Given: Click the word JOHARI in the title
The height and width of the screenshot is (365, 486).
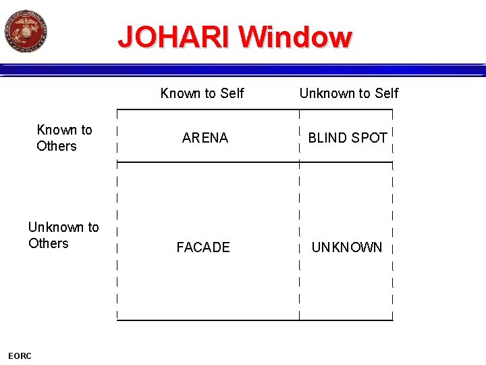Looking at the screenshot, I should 175,37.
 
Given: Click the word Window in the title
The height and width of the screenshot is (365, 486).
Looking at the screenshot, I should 295,37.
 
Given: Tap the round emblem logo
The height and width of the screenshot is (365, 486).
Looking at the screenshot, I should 26,31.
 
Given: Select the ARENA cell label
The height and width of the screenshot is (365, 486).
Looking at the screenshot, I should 205,138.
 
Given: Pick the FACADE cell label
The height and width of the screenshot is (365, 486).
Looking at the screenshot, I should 203,247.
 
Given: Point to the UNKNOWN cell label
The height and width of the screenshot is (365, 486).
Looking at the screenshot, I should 346,247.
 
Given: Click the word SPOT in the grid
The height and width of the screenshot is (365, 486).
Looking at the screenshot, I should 369,138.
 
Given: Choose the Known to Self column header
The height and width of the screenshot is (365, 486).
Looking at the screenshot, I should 202,93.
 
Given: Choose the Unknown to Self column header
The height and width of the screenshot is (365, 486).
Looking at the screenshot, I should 349,93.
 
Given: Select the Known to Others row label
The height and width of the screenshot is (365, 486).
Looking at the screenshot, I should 64,138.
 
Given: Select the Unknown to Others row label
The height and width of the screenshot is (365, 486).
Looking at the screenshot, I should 63,235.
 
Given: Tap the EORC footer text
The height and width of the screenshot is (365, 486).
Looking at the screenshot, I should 20,356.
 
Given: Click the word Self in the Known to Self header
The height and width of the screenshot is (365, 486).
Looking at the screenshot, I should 231,93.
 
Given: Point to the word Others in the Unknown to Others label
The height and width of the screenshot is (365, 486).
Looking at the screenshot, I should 49,243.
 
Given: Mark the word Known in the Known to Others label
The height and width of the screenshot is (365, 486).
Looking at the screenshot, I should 56,130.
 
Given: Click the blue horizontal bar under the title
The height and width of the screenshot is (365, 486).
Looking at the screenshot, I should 243,70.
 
